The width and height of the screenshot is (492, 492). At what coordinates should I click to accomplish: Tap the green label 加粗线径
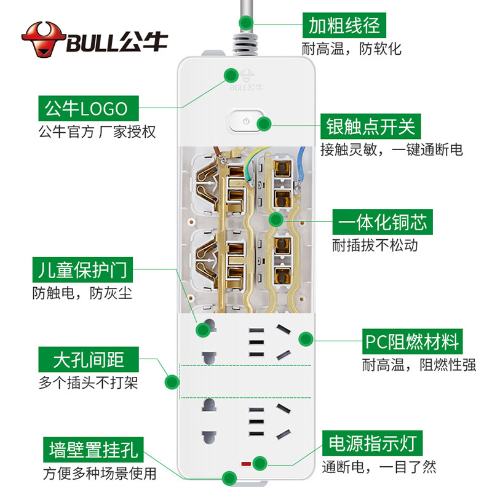[344, 25]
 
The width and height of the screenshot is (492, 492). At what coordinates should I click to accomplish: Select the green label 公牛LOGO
[89, 108]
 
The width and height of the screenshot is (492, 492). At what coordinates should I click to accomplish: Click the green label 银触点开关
[370, 126]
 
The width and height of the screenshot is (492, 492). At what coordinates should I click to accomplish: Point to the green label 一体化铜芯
[383, 222]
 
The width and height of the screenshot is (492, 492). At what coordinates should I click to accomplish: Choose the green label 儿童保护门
[82, 270]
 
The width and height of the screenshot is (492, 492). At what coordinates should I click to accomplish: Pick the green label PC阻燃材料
[412, 341]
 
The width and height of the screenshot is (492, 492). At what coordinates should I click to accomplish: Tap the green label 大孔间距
[89, 359]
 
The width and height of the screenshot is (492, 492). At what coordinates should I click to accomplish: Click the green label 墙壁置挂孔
[93, 450]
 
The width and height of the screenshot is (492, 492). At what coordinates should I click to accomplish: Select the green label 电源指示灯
[372, 443]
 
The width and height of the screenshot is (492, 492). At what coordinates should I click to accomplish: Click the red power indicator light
[245, 464]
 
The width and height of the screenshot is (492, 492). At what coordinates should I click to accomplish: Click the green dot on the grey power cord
[246, 23]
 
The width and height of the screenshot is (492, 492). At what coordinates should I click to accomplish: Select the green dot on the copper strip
[276, 220]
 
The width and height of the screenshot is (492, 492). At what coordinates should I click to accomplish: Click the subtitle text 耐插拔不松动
[375, 245]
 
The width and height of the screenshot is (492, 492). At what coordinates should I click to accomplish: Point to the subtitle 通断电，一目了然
[379, 467]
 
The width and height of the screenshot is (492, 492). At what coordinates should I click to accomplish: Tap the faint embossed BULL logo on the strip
[247, 81]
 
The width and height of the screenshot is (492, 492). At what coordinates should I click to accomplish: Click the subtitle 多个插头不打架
[88, 383]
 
